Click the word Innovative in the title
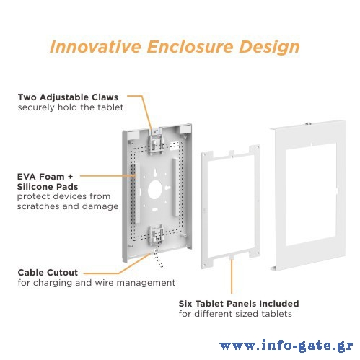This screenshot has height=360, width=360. click(x=95, y=46)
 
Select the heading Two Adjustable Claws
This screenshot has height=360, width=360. click(x=68, y=97)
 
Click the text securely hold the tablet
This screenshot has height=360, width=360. click(x=71, y=107)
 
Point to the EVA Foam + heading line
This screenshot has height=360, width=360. click(x=45, y=177)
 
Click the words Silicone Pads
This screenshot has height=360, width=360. click(x=48, y=187)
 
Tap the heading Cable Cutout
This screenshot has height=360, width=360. click(x=48, y=273)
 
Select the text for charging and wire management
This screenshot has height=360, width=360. click(x=97, y=283)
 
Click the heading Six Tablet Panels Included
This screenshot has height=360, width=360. click(x=239, y=304)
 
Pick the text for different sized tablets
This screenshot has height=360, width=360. click(x=235, y=314)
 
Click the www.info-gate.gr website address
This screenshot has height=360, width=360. click(x=286, y=346)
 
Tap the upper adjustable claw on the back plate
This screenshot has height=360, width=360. click(x=156, y=143)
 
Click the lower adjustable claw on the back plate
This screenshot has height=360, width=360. click(x=157, y=236)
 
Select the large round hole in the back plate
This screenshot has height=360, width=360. click(x=155, y=190)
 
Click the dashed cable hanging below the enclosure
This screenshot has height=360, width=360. click(x=158, y=257)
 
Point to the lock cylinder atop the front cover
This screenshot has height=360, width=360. click(x=308, y=124)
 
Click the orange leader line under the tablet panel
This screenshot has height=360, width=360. click(x=232, y=276)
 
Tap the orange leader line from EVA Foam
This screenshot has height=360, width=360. click(x=108, y=176)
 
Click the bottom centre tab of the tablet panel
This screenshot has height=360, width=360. click(x=232, y=258)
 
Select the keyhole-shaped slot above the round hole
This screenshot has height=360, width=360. click(x=155, y=173)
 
